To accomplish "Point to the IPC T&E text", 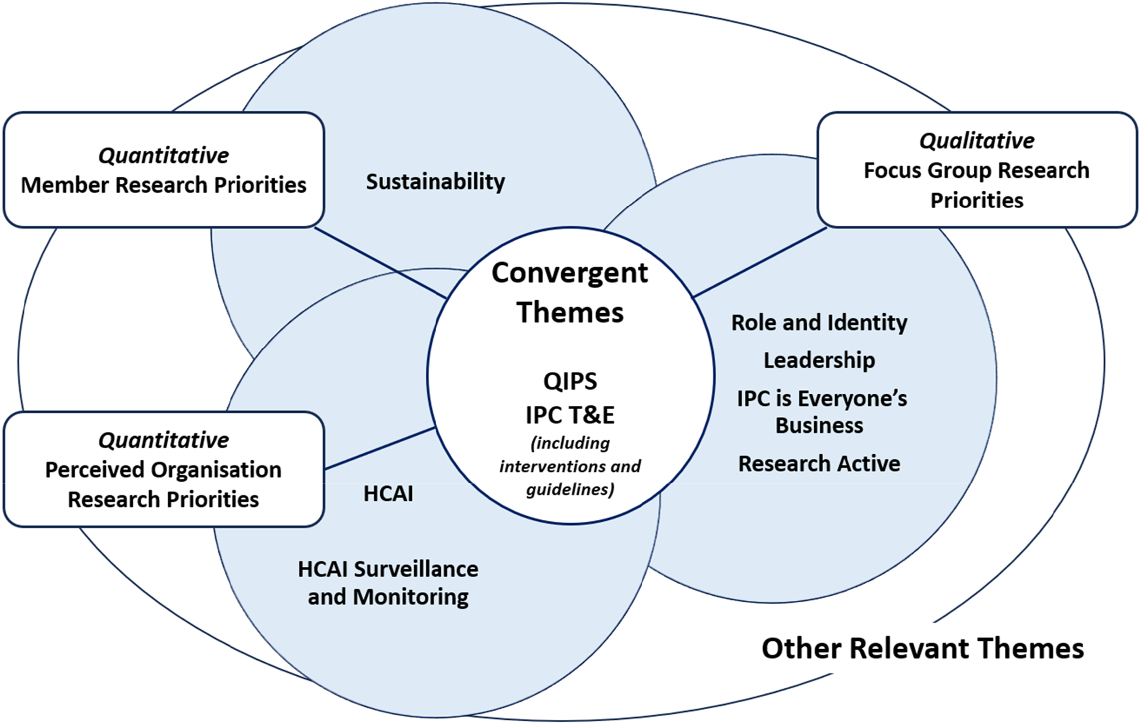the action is (570, 415).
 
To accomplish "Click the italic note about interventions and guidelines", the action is (570, 466).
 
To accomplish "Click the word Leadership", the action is (819, 360).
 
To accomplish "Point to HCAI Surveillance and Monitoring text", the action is (388, 583).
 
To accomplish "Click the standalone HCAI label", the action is (388, 494).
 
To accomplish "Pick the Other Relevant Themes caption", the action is (922, 648).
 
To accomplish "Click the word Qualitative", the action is (977, 141).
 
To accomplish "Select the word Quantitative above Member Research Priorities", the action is (163, 155).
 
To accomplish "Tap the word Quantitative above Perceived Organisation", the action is (163, 440).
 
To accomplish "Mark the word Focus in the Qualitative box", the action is (892, 170).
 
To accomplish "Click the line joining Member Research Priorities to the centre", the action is (380, 263).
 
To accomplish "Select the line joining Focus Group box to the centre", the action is (760, 262).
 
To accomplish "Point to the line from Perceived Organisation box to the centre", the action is (380, 449).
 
